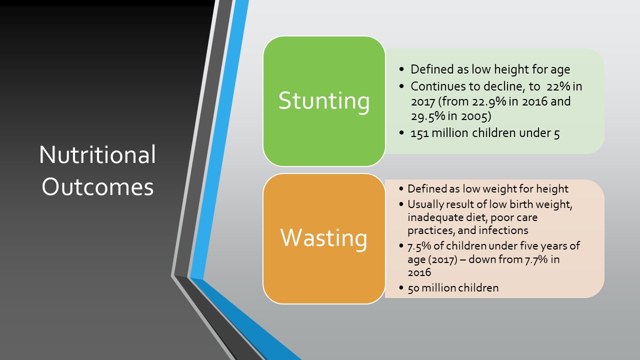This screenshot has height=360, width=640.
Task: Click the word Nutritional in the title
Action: point(97,154)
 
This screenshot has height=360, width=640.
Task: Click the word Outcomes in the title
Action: point(97,187)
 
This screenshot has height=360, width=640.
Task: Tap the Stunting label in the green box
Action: point(324,101)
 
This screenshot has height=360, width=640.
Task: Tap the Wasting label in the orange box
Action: point(323,238)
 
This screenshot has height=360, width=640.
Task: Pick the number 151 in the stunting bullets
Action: point(419,133)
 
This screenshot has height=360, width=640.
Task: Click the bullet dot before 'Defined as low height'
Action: point(401,69)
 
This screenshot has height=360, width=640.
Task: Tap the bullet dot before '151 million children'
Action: point(401,133)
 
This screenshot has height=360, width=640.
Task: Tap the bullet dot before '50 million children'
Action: point(401,287)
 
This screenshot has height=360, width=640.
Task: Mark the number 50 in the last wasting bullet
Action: point(413,288)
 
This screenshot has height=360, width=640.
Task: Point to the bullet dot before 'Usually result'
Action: point(401,204)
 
